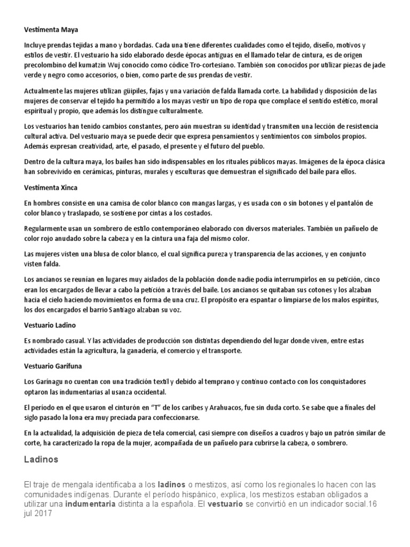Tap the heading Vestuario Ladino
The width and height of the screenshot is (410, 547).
(51, 325)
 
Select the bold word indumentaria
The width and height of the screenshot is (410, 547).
(91, 503)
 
